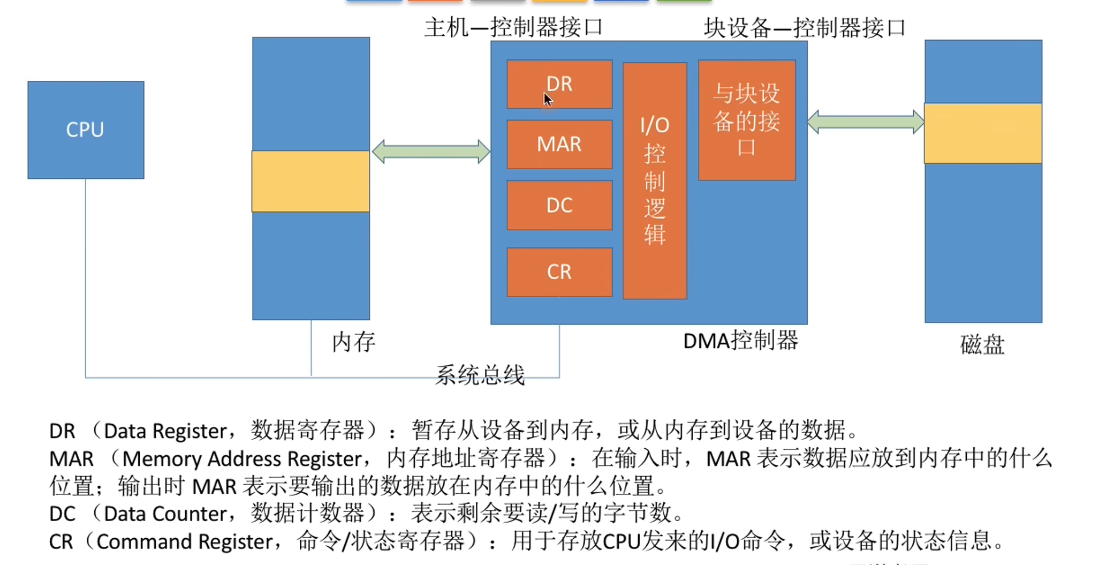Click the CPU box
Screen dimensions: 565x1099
pyautogui.click(x=86, y=130)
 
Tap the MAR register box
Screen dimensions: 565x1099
pyautogui.click(x=559, y=144)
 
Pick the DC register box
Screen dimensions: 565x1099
pyautogui.click(x=559, y=205)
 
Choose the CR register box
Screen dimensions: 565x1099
pyautogui.click(x=559, y=272)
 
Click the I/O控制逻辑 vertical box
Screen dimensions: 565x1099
pyautogui.click(x=654, y=180)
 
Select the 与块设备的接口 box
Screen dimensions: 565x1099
pyautogui.click(x=746, y=120)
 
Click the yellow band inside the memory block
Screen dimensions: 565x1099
pyautogui.click(x=310, y=181)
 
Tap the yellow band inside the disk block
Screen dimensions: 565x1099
pyautogui.click(x=983, y=133)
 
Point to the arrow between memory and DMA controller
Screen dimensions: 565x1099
pyautogui.click(x=430, y=152)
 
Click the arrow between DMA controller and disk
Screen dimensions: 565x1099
pyautogui.click(x=865, y=122)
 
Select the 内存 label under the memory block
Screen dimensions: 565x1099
pyautogui.click(x=353, y=342)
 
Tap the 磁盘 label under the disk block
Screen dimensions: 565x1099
pyautogui.click(x=982, y=344)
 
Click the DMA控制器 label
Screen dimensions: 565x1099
pyautogui.click(x=740, y=341)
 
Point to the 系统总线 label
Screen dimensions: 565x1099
pyautogui.click(x=480, y=374)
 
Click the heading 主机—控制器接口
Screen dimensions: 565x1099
pyautogui.click(x=513, y=27)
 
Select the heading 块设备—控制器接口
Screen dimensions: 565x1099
pyautogui.click(x=804, y=27)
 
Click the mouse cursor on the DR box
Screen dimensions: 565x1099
pyautogui.click(x=547, y=99)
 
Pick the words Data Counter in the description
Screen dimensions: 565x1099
pyautogui.click(x=165, y=514)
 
